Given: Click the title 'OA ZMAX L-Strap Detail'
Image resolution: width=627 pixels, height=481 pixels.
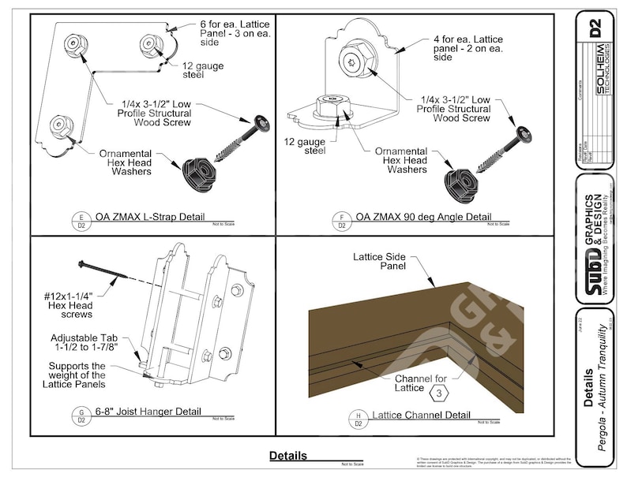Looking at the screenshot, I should (150, 217).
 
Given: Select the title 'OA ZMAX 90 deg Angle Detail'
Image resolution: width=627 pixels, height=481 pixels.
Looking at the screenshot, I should (422, 217).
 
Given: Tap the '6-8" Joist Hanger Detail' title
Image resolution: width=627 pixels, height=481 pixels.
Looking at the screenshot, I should (148, 412).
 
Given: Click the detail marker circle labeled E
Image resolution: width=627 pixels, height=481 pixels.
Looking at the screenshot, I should (79, 219).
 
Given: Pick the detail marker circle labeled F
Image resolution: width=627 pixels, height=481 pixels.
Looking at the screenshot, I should (341, 219).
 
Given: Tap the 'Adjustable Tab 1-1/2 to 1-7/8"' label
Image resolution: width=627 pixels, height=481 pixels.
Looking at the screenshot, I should (84, 343).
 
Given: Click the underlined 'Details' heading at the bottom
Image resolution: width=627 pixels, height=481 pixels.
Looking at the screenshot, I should (287, 456).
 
